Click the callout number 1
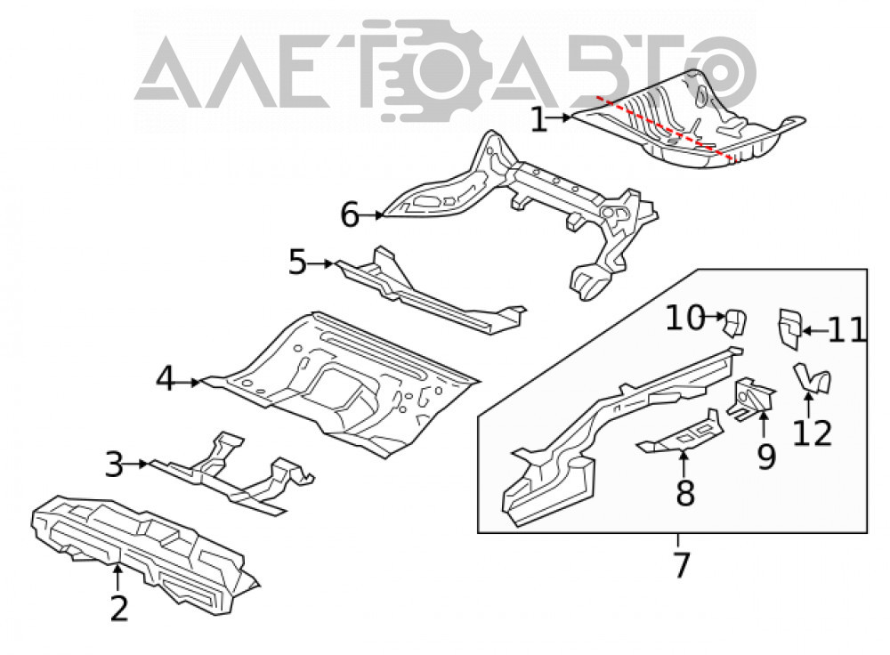click(x=538, y=120)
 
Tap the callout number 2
click(x=119, y=609)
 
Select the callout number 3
click(x=114, y=465)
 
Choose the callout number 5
click(x=297, y=263)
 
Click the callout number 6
click(x=350, y=215)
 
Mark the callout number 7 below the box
click(x=681, y=565)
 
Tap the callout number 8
click(x=685, y=493)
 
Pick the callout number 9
click(x=766, y=457)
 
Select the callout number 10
click(x=685, y=318)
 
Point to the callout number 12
click(x=813, y=433)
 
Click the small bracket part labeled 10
click(x=734, y=323)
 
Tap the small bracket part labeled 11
click(x=789, y=328)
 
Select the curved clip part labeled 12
click(x=813, y=378)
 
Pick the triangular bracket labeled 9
click(x=752, y=399)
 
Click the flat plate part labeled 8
click(x=681, y=433)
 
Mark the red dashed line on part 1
click(x=665, y=128)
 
